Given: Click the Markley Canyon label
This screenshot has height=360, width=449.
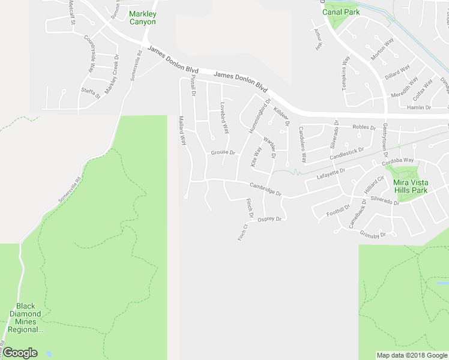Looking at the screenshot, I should pyautogui.click(x=142, y=18).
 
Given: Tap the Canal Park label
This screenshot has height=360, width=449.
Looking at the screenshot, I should pyautogui.click(x=340, y=11).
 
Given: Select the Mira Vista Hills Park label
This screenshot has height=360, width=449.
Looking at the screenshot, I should pyautogui.click(x=411, y=186).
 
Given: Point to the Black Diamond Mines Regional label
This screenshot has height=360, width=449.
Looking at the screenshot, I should pyautogui.click(x=25, y=318).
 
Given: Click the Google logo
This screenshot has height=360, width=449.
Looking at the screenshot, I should pyautogui.click(x=20, y=353).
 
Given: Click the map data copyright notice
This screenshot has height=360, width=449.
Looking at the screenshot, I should pyautogui.click(x=412, y=355).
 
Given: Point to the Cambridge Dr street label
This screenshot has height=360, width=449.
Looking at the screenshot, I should pyautogui.click(x=266, y=188).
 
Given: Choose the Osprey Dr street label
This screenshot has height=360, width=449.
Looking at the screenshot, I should pyautogui.click(x=270, y=220).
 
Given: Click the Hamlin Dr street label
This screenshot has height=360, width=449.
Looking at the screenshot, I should pyautogui.click(x=420, y=107).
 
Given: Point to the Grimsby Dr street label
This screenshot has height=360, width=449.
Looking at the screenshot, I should pyautogui.click(x=372, y=235).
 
